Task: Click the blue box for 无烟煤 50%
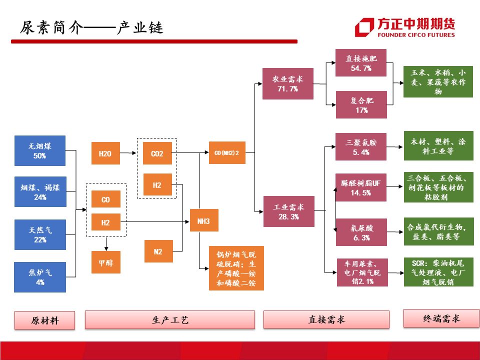pos(40,150)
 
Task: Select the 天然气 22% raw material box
pos(40,234)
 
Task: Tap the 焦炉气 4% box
pos(40,277)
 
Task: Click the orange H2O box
pos(105,153)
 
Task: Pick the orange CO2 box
pos(157,153)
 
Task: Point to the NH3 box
pos(204,220)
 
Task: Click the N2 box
pos(158,251)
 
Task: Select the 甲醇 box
pos(105,262)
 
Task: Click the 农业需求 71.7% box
pos(287,83)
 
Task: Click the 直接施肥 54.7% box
pos(361,62)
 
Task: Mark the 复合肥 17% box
pos(361,104)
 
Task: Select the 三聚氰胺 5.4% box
pos(361,146)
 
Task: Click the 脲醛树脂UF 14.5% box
pos(361,187)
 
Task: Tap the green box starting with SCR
pos(438,271)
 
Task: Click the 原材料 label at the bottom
pos(44,320)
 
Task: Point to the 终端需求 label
pos(438,318)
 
